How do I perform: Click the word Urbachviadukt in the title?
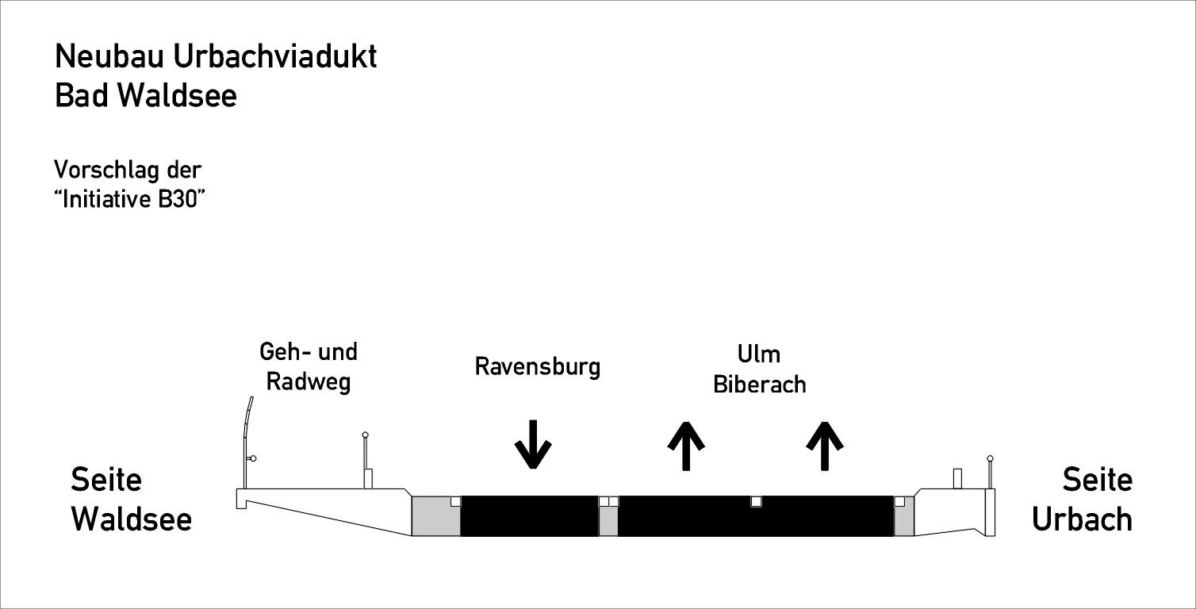[275, 56]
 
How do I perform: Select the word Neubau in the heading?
[109, 56]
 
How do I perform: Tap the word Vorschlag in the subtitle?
[106, 170]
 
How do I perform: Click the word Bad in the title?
[82, 96]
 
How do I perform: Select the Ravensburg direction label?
[538, 367]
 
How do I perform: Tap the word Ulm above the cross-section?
[759, 354]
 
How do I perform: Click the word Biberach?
[759, 385]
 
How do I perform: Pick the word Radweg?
[308, 382]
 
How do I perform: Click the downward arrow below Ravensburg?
[533, 444]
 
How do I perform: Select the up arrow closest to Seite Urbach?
[824, 446]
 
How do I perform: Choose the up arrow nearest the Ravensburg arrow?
[686, 446]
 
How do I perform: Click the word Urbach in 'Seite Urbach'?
[1082, 519]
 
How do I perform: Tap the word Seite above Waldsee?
[106, 479]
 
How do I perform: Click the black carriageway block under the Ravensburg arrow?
[529, 516]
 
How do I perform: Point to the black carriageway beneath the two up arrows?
[756, 516]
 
